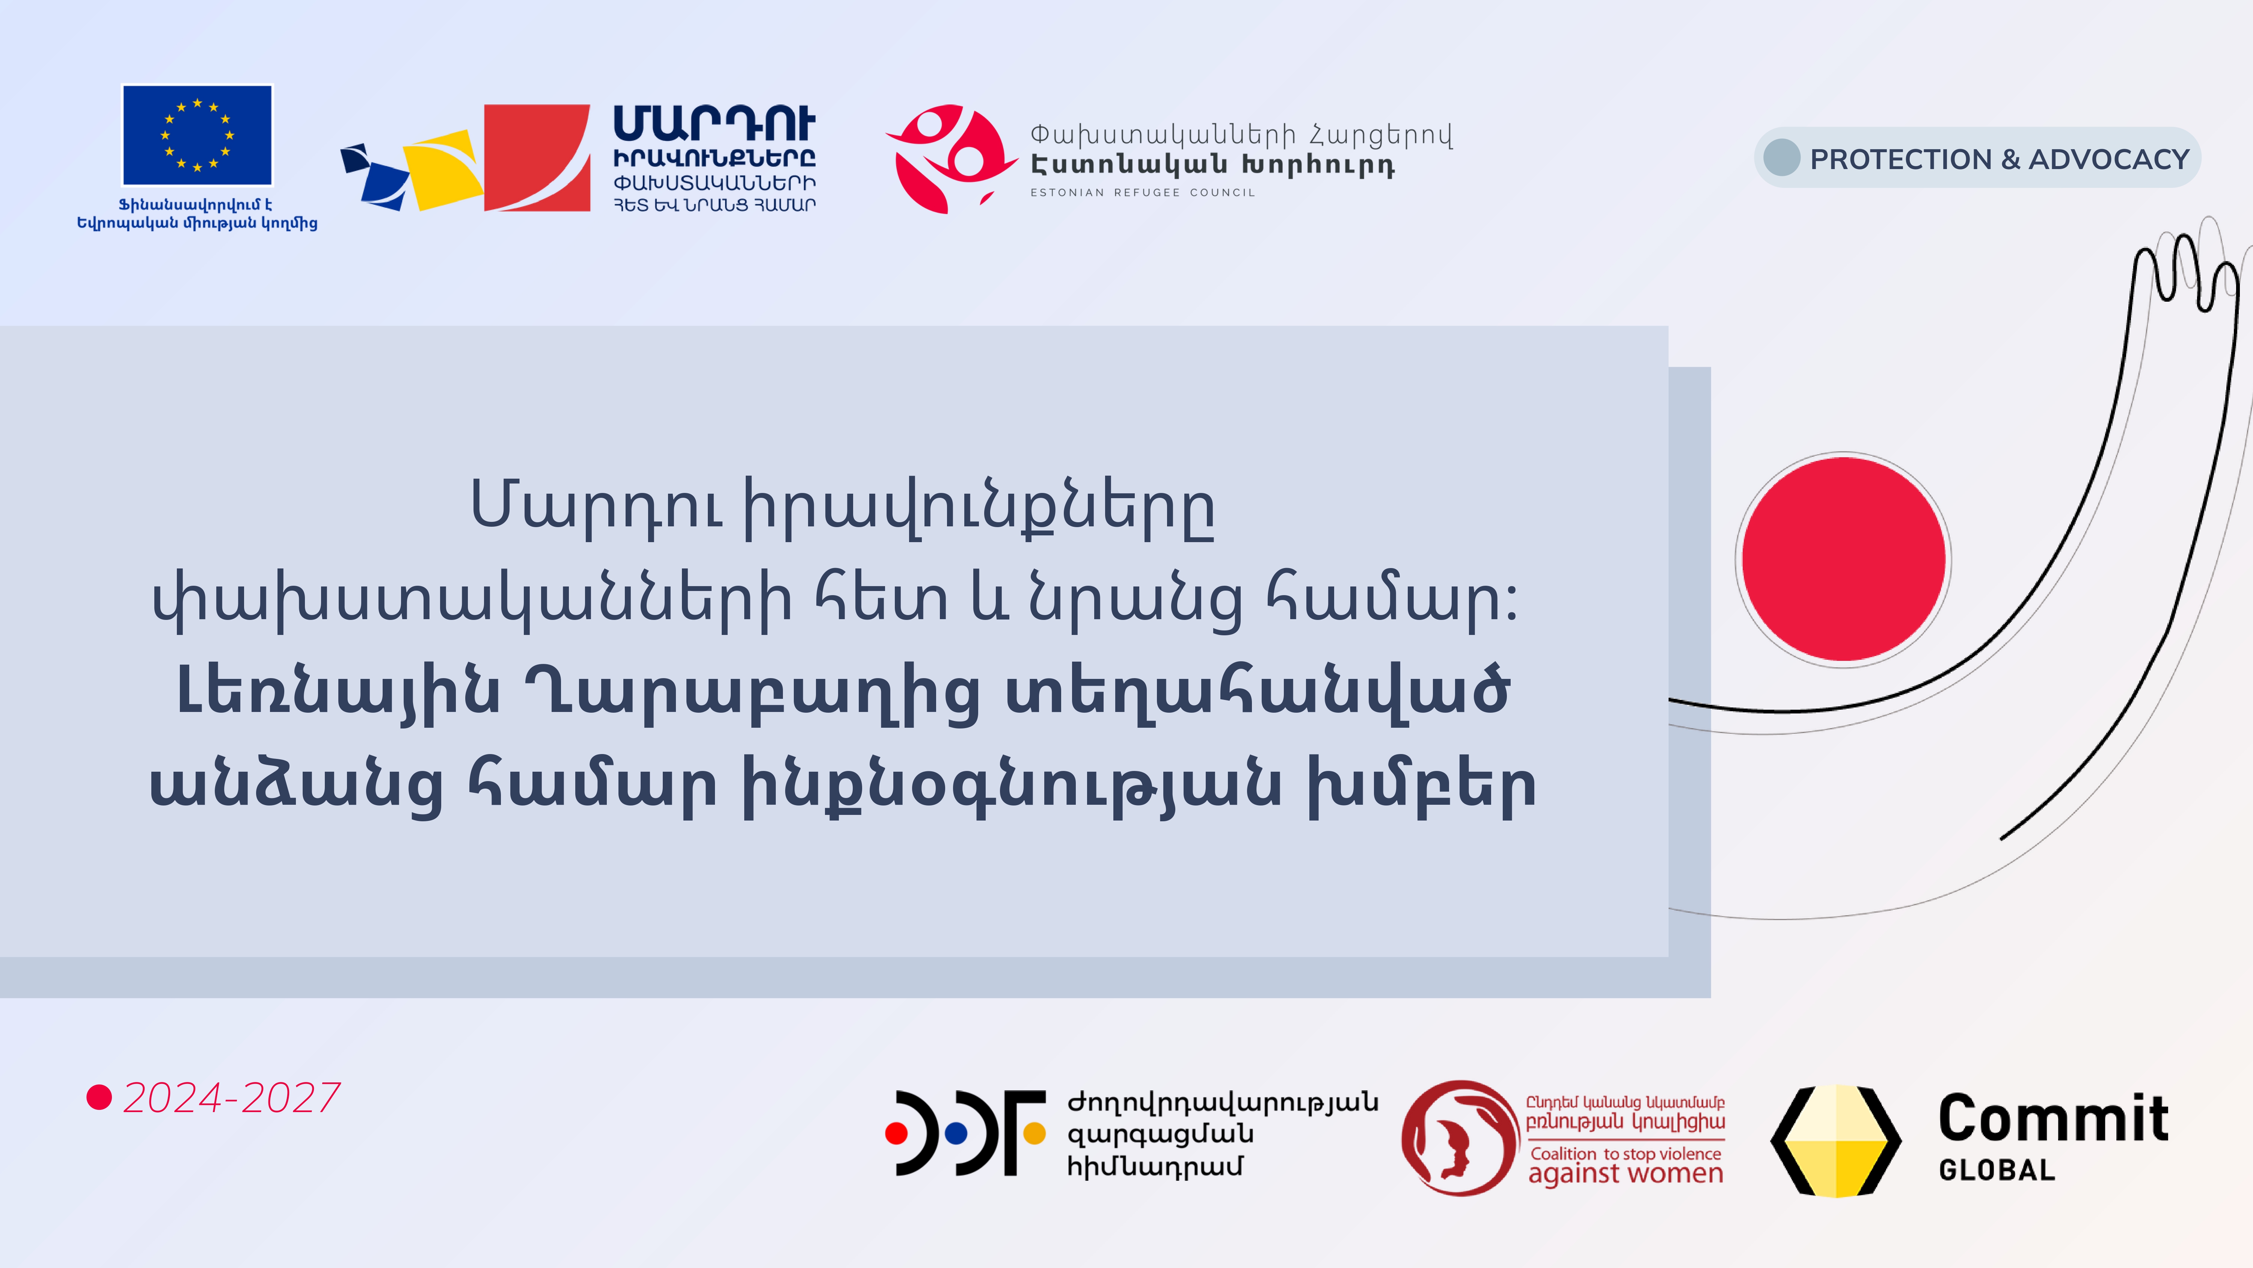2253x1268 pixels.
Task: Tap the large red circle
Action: pos(1844,559)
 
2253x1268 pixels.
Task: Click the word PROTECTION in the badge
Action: pos(1902,159)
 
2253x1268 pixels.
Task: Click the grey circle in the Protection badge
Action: pos(1782,157)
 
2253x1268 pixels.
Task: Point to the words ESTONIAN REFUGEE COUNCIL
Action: pos(1142,192)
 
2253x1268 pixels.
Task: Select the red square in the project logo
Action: pos(537,157)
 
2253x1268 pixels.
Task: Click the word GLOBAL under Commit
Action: pos(1997,1170)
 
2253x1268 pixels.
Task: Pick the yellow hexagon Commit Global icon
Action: pos(1836,1141)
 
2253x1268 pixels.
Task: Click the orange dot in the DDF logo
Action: pos(1034,1133)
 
